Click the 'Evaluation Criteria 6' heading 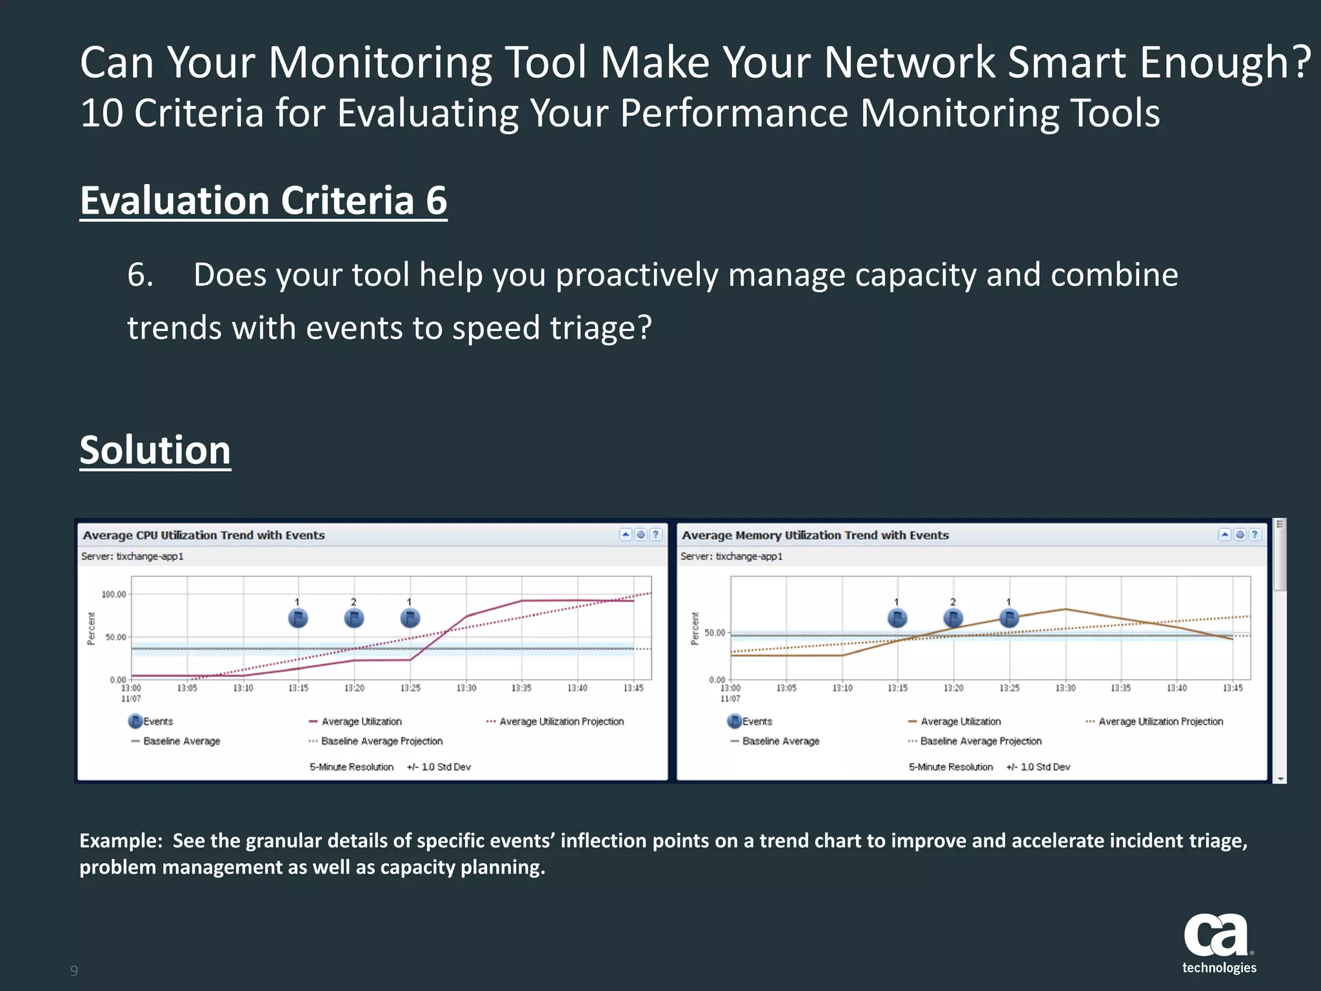click(x=263, y=201)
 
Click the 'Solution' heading click(x=155, y=450)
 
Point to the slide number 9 click(x=74, y=970)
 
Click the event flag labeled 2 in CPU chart click(x=354, y=618)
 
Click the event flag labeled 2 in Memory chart click(x=953, y=618)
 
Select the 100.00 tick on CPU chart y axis click(x=114, y=594)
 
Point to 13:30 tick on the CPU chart click(x=466, y=688)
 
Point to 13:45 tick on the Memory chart click(x=1233, y=688)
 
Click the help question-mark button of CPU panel click(x=655, y=534)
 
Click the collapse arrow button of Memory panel click(x=1224, y=534)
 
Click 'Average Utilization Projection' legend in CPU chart click(x=561, y=721)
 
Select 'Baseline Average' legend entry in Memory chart click(x=780, y=741)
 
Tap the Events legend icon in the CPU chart click(x=135, y=721)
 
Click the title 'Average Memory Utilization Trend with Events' click(x=815, y=535)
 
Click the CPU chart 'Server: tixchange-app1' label click(x=132, y=556)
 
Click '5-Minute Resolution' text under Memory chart click(x=951, y=767)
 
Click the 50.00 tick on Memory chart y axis click(x=715, y=633)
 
